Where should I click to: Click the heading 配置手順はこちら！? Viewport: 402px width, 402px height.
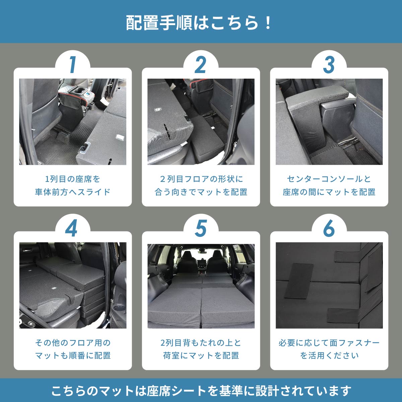(x=200, y=22)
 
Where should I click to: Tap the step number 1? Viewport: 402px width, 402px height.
(x=72, y=65)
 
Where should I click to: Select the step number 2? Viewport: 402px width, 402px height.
(x=200, y=65)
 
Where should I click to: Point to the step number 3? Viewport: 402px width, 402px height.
(x=329, y=65)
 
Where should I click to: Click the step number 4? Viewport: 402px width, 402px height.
(x=72, y=228)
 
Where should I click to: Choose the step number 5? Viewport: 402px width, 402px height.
(x=200, y=228)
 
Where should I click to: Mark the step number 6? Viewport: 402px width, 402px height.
(x=329, y=228)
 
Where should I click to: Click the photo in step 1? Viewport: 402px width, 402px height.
(x=73, y=122)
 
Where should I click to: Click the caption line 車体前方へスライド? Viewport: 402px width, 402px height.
(x=73, y=192)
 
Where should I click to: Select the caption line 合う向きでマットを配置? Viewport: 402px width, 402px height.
(x=201, y=192)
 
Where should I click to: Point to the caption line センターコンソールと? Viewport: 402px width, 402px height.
(x=329, y=179)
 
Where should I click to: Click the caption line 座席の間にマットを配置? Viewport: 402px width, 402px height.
(x=329, y=192)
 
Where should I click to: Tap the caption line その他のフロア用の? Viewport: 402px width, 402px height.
(x=73, y=343)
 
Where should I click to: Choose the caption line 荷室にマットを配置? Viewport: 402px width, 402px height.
(x=201, y=355)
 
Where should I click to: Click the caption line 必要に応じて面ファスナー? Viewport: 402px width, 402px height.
(x=329, y=343)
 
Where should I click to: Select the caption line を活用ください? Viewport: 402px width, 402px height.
(x=329, y=355)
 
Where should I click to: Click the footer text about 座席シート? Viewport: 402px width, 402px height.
(x=201, y=390)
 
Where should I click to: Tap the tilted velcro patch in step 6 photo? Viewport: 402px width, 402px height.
(x=299, y=281)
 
